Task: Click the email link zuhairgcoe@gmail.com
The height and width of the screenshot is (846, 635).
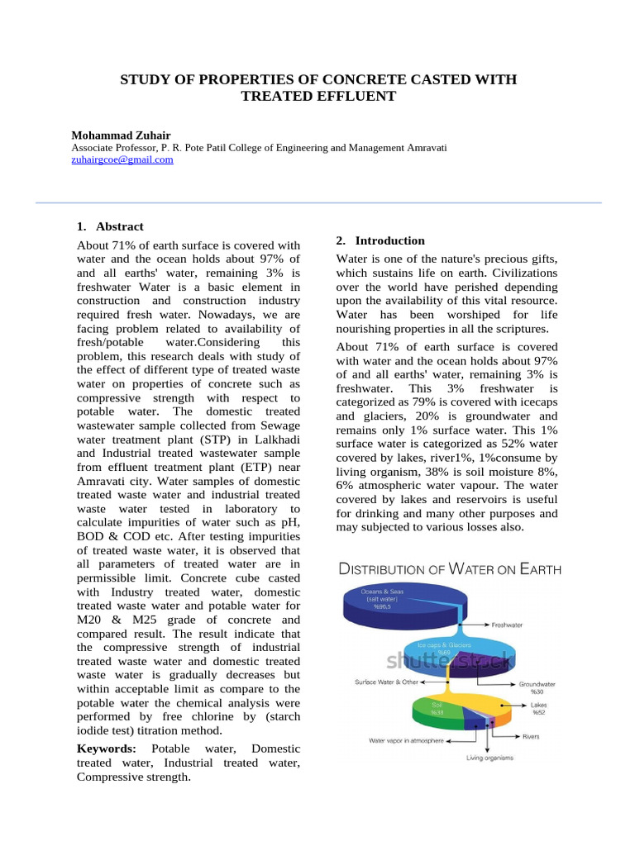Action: pos(122,160)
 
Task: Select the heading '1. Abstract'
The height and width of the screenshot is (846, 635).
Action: pos(110,226)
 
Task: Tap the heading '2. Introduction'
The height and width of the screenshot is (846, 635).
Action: pos(380,240)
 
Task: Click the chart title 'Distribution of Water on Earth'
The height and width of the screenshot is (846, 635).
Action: pos(449,569)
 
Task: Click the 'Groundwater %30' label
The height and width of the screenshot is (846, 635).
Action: pos(537,687)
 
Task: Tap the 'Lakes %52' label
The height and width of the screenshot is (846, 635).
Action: pos(538,708)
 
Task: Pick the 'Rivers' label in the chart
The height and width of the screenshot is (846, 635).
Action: pos(531,735)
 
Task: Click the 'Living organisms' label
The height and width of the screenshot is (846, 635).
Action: pos(489,758)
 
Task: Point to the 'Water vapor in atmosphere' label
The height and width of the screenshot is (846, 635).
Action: pos(406,741)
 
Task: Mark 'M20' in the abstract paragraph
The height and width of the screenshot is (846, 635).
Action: pos(90,620)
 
